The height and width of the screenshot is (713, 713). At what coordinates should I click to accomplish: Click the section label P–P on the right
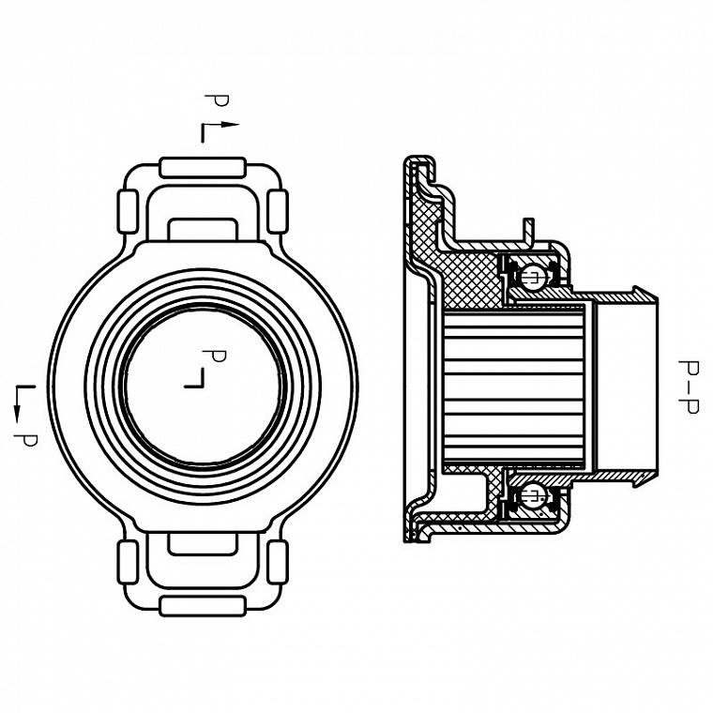689,387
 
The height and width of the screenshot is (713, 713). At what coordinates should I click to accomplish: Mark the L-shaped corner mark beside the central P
194,378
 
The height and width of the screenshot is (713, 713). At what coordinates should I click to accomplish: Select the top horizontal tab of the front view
203,168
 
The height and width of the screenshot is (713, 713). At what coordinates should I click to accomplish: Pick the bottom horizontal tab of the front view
203,606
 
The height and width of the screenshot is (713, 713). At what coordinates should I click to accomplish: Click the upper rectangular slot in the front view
203,229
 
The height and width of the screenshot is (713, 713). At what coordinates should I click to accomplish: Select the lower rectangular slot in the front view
203,543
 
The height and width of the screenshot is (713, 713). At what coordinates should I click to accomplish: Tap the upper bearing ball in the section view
533,276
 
